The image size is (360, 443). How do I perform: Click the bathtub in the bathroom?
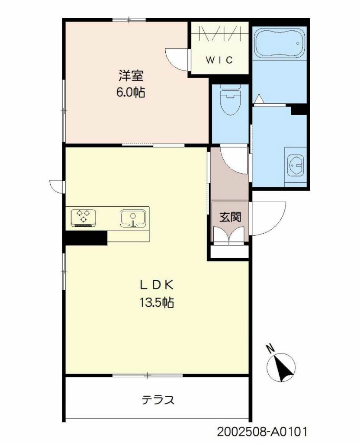[x=279, y=43]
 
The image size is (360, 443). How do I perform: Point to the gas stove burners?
[x=84, y=217]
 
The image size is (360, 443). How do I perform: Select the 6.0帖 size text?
[x=131, y=92]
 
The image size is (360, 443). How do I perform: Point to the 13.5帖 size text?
[x=156, y=303]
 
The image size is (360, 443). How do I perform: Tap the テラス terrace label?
[x=158, y=400]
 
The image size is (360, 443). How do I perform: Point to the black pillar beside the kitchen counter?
[x=85, y=238]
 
